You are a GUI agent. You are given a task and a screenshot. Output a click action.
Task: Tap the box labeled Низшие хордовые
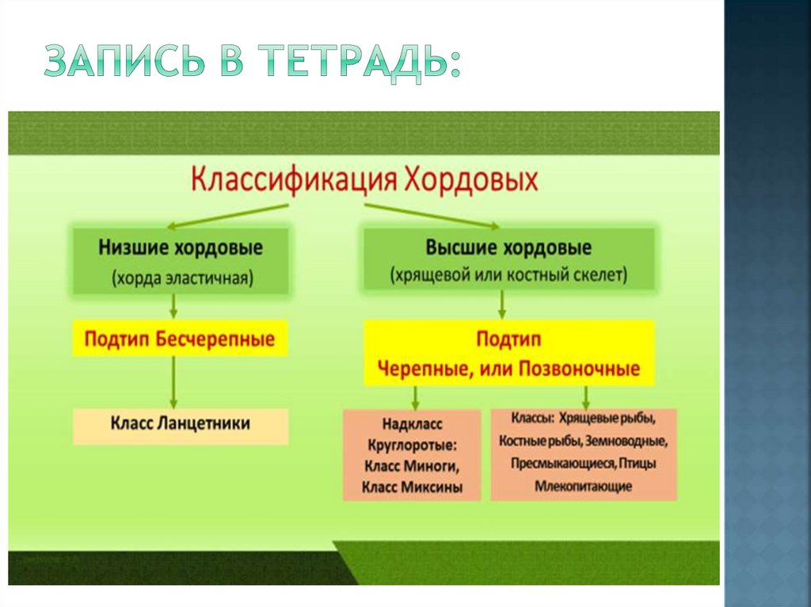click(181, 261)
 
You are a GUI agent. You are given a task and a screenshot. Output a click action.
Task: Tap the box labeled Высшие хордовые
click(508, 261)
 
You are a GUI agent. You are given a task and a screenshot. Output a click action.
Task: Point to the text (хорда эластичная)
click(181, 279)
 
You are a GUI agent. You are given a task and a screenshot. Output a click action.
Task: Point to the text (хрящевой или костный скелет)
click(508, 275)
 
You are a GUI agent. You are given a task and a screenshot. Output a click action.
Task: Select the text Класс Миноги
click(412, 465)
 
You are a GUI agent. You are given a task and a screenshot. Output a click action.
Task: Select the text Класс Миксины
click(412, 487)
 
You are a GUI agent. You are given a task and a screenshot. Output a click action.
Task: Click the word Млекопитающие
click(583, 486)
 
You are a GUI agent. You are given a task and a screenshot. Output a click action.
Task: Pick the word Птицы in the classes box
click(637, 463)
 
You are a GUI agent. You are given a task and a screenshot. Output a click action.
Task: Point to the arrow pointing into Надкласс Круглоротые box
click(413, 396)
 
